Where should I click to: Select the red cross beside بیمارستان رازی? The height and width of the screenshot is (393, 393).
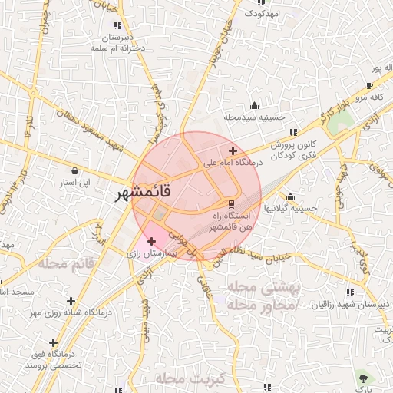pyautogui.click(x=151, y=242)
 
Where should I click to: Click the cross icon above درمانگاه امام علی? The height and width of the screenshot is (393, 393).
pyautogui.click(x=233, y=150)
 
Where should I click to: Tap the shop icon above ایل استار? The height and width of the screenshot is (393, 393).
pyautogui.click(x=74, y=170)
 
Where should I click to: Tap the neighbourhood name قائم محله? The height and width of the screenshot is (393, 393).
pyautogui.click(x=67, y=263)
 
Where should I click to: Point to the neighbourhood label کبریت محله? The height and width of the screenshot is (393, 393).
pyautogui.click(x=188, y=380)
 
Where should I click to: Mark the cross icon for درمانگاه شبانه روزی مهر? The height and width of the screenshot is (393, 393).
pyautogui.click(x=71, y=301)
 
